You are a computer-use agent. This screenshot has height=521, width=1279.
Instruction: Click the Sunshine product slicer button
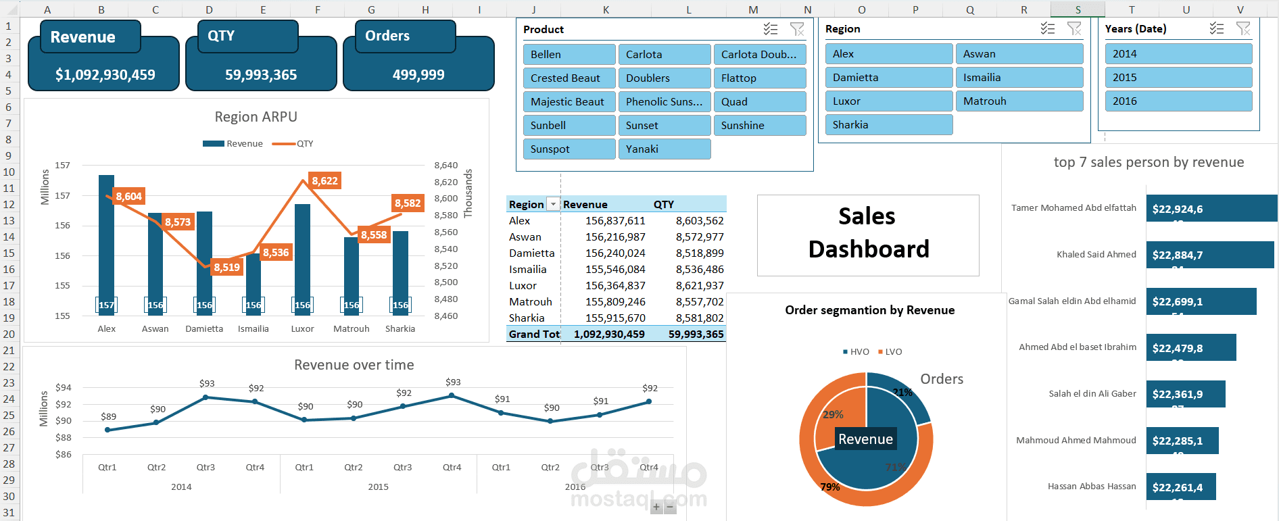tap(759, 126)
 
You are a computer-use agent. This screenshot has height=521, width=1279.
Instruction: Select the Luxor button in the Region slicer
tap(888, 101)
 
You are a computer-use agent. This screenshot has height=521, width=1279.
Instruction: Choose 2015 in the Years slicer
tap(1178, 78)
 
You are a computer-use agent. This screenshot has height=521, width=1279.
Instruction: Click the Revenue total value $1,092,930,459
tap(105, 75)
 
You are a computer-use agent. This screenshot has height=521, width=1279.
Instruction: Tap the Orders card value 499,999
tap(418, 75)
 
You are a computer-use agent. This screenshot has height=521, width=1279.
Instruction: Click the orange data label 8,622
tap(324, 181)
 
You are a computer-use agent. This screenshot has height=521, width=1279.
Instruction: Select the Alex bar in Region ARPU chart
tap(106, 243)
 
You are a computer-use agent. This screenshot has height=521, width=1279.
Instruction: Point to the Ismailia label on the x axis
tap(253, 329)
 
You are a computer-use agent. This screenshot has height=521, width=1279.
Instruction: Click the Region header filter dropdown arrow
tap(553, 204)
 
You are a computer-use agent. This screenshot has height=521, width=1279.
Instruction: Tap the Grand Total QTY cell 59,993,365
tap(695, 334)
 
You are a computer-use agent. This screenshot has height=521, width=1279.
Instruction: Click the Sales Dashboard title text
tap(868, 233)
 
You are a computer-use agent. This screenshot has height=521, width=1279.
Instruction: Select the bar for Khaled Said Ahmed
tap(1209, 255)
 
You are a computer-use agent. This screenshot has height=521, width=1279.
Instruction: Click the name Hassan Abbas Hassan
tap(1091, 487)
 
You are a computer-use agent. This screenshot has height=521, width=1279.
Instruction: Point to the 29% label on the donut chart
tap(833, 415)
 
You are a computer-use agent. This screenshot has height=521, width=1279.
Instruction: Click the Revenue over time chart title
tap(354, 366)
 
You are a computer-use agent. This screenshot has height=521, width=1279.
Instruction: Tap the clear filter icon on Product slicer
tap(797, 29)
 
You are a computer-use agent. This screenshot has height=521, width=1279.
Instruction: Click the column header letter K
tap(606, 9)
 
